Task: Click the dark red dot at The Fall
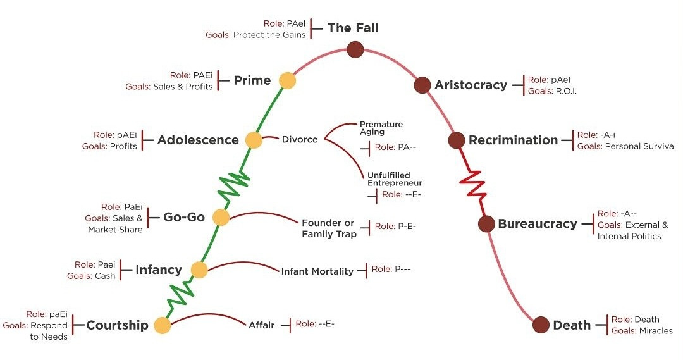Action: point(355,48)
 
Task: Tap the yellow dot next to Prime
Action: point(287,80)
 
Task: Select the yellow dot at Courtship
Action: point(163,326)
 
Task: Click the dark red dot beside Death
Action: point(541,325)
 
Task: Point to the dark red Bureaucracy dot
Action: point(486,223)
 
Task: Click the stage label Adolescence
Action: point(198,140)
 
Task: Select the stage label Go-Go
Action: point(184,217)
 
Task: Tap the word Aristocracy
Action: point(471,85)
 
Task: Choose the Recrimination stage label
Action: point(513,140)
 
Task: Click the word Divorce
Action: point(300,139)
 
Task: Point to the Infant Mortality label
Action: point(317,271)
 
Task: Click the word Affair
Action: point(262,325)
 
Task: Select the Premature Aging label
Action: point(381,128)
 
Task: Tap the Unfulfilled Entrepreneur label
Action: point(395,178)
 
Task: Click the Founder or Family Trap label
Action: point(329,228)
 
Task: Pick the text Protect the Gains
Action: point(269,35)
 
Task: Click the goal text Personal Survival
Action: point(640,146)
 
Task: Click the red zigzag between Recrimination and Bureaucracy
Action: point(474,182)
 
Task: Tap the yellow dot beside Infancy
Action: point(199,270)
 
